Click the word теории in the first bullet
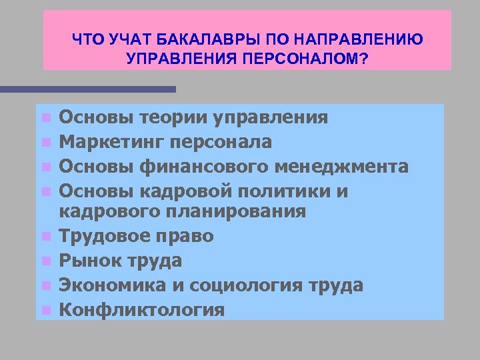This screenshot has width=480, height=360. point(175,118)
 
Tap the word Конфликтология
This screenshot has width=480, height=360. point(141,310)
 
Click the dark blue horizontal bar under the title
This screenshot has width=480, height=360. point(87,89)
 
